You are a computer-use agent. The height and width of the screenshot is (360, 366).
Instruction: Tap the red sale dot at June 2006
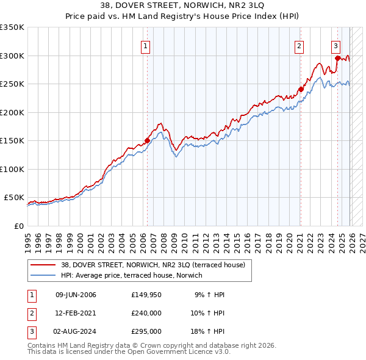(x=147, y=140)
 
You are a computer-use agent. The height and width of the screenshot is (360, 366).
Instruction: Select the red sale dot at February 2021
(x=301, y=89)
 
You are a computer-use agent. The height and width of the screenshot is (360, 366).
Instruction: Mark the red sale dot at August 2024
(x=337, y=59)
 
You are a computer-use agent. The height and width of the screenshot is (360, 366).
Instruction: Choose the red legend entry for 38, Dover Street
(x=152, y=265)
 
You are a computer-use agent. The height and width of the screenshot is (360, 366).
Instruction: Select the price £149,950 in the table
(x=146, y=295)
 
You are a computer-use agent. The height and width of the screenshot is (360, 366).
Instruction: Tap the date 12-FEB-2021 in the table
(x=76, y=313)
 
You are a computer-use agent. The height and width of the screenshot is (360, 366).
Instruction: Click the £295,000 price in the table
(x=146, y=331)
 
